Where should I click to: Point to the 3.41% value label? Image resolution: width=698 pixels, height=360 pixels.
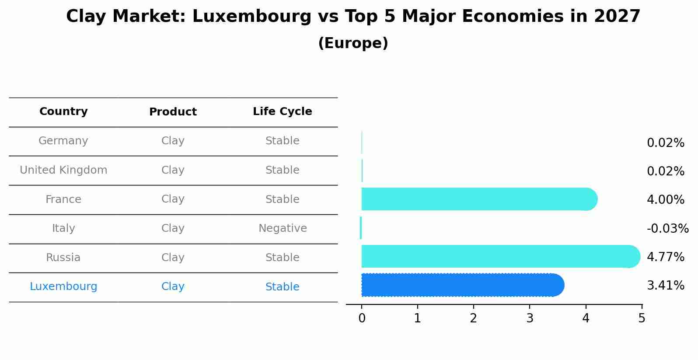pos(665,286)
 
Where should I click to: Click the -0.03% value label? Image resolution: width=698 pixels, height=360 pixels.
pos(667,228)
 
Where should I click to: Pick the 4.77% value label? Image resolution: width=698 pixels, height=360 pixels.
pos(665,257)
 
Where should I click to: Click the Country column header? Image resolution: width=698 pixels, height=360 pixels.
pos(63,112)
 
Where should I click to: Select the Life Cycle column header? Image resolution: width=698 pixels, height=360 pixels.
pos(282,112)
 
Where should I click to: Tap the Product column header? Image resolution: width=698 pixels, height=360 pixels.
pos(173,112)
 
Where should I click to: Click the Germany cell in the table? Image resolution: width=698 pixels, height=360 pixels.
pos(63,141)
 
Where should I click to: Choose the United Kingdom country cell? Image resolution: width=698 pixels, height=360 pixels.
pos(63,170)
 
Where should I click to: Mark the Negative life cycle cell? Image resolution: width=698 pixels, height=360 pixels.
pos(283,228)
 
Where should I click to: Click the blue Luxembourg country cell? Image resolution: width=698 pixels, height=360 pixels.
pos(63,287)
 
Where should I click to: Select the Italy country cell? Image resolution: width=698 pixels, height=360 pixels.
pos(63,228)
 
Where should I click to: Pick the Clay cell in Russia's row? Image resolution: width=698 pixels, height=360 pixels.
pos(173,258)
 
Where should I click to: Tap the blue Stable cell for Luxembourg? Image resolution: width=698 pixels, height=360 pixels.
pos(282,287)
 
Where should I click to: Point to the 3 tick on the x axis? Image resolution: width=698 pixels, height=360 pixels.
pos(530,318)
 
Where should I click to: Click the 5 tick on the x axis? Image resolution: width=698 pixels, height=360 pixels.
pos(642,318)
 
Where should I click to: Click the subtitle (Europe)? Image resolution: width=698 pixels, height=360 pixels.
pos(353,43)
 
